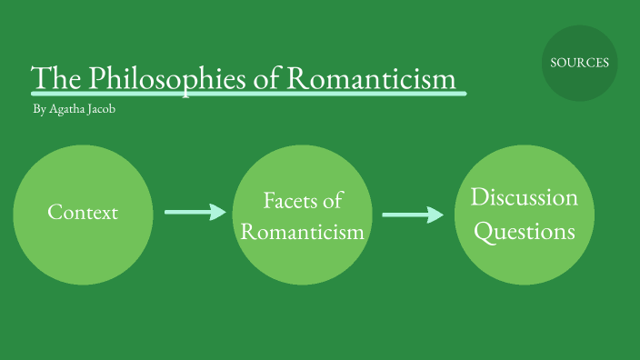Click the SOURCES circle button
[579, 63]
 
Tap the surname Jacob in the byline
[101, 110]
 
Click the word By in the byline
[38, 110]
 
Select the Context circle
[82, 214]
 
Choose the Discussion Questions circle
[525, 215]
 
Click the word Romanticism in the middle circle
[303, 232]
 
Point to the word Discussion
[525, 197]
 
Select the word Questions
[525, 232]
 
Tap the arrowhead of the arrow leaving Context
[218, 212]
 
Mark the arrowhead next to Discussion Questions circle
[436, 215]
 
